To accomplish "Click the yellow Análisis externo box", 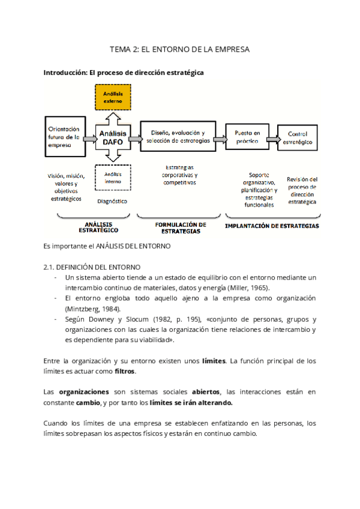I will click(x=112, y=98).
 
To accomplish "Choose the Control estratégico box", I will click(x=298, y=137).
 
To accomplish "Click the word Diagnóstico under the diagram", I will click(x=112, y=201).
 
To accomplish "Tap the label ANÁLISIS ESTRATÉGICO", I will click(x=98, y=227).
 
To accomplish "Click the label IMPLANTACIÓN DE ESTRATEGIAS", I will click(x=271, y=226).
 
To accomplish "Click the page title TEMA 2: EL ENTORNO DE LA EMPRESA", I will click(x=179, y=49).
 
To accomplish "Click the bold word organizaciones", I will click(x=83, y=391).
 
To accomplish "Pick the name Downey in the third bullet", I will click(x=103, y=319).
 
